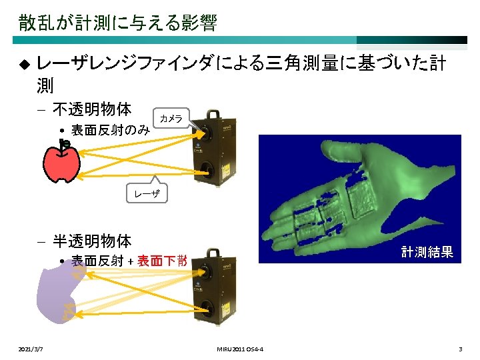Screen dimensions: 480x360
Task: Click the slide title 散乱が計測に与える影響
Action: coord(117,23)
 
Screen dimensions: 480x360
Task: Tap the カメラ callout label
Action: coord(171,118)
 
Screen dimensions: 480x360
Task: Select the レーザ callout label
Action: coord(147,193)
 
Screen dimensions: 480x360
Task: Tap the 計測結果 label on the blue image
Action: coord(427,252)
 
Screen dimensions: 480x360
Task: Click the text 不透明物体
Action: coord(92,109)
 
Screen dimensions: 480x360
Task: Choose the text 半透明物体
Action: coord(92,240)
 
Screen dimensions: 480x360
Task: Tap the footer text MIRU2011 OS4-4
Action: coord(240,349)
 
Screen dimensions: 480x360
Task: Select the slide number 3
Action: coord(460,349)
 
